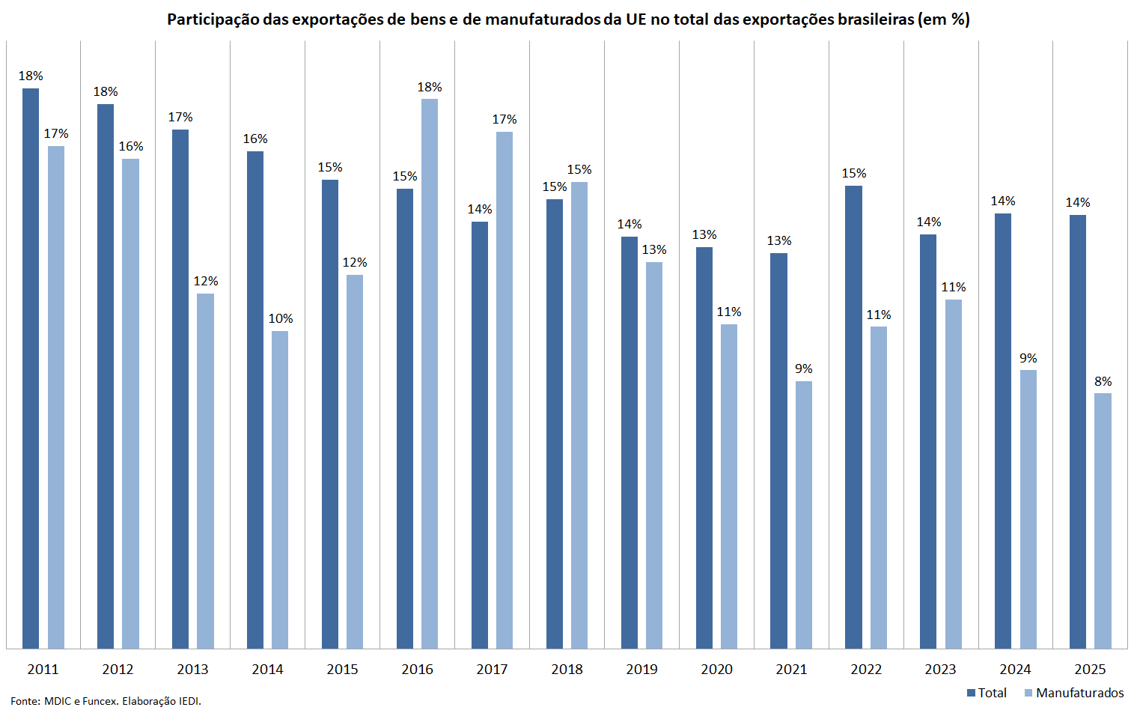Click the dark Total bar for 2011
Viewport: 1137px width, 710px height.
pyautogui.click(x=31, y=368)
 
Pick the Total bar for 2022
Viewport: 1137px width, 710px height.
pyautogui.click(x=853, y=416)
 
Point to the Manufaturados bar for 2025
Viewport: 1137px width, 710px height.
pyautogui.click(x=1103, y=521)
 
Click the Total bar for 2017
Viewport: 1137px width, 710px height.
pyautogui.click(x=480, y=434)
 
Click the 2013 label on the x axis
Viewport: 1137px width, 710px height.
pyautogui.click(x=192, y=669)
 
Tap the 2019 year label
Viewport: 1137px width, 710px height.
pyautogui.click(x=641, y=669)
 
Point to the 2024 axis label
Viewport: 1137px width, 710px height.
pyautogui.click(x=1015, y=669)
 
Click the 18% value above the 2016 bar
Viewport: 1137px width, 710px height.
pyautogui.click(x=430, y=88)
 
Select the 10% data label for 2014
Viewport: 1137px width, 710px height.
pyautogui.click(x=281, y=319)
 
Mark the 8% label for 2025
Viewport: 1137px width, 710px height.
pyautogui.click(x=1103, y=382)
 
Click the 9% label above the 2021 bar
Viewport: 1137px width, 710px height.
pyautogui.click(x=804, y=369)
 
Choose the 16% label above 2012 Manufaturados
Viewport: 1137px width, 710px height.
pyautogui.click(x=131, y=147)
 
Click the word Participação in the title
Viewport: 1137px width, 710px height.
pyautogui.click(x=213, y=19)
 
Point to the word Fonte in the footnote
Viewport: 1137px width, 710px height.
pyautogui.click(x=24, y=701)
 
